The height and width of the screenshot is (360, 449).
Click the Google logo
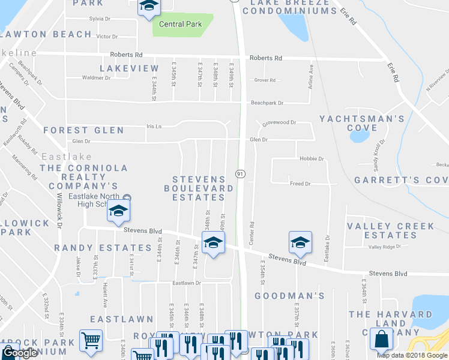tap(20, 353)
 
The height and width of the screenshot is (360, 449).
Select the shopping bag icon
tap(382, 340)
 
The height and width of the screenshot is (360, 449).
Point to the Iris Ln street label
tap(154, 127)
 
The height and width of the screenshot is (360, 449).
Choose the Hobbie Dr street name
tap(311, 159)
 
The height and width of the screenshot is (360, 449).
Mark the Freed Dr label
tap(300, 184)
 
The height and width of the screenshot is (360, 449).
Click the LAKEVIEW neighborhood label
tap(129, 69)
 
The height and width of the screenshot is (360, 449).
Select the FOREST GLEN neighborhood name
tap(83, 130)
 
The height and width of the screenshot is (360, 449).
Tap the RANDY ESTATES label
tap(103, 247)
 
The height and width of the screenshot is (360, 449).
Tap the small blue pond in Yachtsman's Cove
tap(359, 136)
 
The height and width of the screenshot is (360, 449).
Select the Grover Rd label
tap(265, 80)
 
